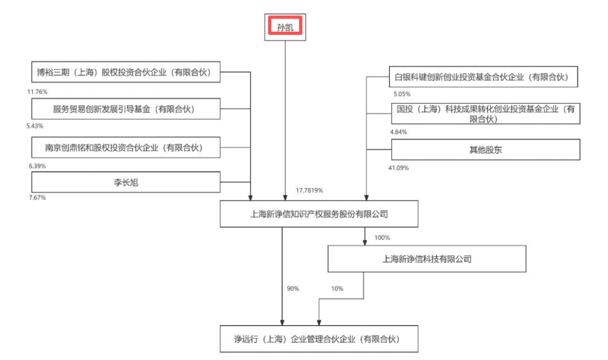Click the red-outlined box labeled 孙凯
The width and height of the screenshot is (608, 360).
pos(285,27)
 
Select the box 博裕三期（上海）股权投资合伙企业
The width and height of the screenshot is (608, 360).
pos(126,72)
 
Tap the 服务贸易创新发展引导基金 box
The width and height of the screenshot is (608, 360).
pos(126,109)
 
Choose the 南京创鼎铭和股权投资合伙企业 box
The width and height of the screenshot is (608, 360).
pos(126,148)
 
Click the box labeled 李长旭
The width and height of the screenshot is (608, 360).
pos(126,183)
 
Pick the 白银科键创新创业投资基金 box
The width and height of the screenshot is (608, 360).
pos(485,77)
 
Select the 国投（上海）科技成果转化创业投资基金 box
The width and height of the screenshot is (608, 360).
pos(485,114)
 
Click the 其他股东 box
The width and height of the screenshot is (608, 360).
pos(485,150)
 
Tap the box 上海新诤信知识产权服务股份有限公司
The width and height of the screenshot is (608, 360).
pos(319,214)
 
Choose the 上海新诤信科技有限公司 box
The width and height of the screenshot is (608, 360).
pos(426,259)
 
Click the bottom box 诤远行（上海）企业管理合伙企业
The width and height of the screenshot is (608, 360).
pos(319,339)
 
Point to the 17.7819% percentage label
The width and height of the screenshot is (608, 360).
pos(309,190)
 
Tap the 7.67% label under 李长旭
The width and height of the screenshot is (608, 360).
pos(37,198)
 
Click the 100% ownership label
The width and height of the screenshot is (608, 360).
pos(382,238)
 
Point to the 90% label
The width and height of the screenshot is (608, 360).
pos(293,288)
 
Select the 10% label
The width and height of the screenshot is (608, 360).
pos(337,288)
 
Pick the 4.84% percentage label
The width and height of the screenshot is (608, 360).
pos(399,132)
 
